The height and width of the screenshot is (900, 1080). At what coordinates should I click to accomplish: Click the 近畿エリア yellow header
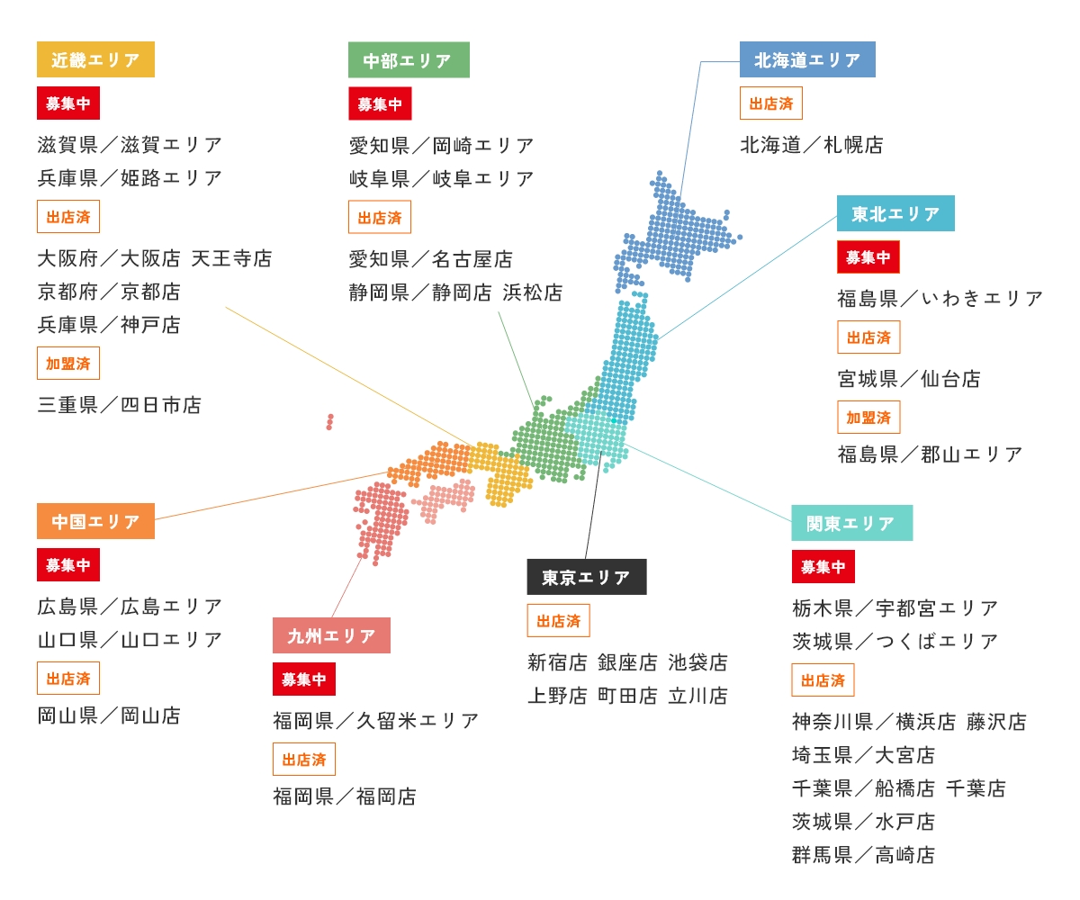tap(95, 60)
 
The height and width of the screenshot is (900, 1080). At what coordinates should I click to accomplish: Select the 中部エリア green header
tap(409, 60)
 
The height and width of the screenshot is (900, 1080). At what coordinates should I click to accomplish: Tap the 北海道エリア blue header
tap(807, 60)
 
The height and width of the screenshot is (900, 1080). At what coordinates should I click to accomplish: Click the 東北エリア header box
tap(895, 214)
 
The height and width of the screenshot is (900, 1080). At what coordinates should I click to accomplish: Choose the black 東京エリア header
tap(587, 578)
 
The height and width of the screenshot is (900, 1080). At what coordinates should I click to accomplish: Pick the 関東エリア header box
tap(851, 523)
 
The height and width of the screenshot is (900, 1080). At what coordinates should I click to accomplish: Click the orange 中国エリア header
tap(95, 522)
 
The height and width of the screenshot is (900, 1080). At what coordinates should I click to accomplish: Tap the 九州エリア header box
tap(331, 636)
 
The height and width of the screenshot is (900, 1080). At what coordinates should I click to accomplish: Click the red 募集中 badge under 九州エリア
tap(304, 679)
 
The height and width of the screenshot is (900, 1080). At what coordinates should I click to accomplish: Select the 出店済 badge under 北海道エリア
tap(771, 103)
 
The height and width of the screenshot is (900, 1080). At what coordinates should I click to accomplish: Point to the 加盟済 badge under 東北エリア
tap(868, 418)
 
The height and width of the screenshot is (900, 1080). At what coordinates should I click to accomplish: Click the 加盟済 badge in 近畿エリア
tap(68, 364)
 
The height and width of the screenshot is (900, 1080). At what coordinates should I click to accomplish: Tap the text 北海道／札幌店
tap(812, 145)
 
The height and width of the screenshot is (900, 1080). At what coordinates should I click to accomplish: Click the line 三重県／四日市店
tap(120, 405)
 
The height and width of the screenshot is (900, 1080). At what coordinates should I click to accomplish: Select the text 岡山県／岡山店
tap(109, 715)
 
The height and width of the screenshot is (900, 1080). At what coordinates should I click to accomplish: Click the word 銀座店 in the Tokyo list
tap(627, 663)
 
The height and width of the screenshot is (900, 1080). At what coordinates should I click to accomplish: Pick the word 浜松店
tap(533, 292)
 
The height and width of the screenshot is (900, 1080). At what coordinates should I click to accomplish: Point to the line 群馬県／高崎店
tap(863, 855)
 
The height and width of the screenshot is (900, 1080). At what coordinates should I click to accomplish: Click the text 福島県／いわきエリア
tap(940, 298)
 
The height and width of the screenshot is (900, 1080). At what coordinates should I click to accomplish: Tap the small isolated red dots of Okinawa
tap(330, 421)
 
